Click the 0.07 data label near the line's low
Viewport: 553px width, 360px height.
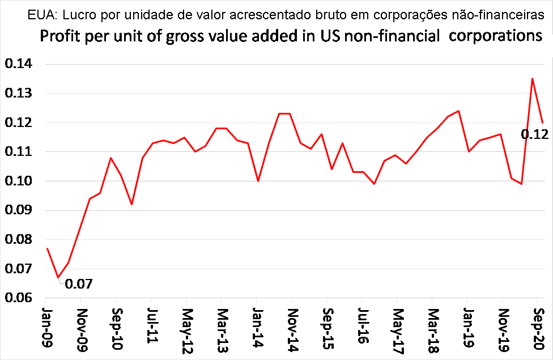pos(79,283)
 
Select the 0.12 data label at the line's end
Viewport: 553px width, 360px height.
pos(534,134)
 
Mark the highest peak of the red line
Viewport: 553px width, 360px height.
pos(532,79)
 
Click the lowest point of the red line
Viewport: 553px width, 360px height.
pos(58,278)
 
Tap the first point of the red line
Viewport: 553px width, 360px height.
pos(48,248)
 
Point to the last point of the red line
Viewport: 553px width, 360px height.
pos(543,122)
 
